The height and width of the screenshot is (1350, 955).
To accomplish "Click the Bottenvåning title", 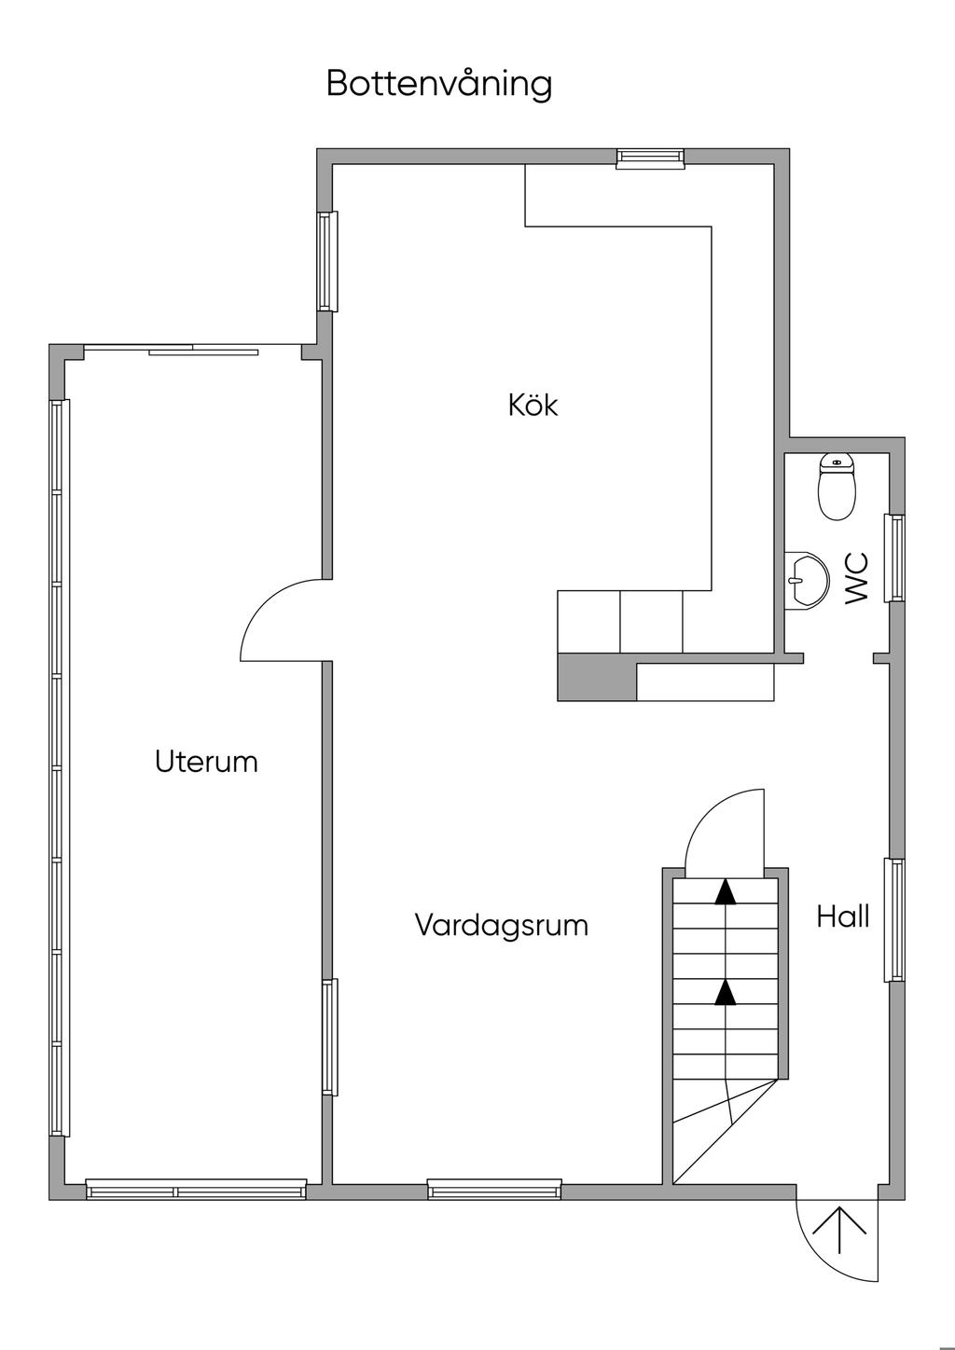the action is tap(439, 84).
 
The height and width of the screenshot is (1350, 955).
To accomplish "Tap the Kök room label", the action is tap(533, 405).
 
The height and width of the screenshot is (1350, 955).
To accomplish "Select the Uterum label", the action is tap(206, 762).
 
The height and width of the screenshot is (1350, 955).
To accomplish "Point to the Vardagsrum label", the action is tap(502, 925).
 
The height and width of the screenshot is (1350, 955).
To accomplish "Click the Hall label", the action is tap(843, 916).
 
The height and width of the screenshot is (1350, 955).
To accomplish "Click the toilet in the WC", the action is tap(837, 487).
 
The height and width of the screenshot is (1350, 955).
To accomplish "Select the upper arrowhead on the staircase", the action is tap(726, 892).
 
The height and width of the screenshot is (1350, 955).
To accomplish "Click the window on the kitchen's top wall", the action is tap(650, 158).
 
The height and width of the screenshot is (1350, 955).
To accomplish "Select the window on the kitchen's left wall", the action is tap(327, 261).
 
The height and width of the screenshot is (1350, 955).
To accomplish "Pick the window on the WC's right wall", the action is tap(894, 558).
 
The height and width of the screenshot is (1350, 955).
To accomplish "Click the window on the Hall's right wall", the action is tap(894, 920).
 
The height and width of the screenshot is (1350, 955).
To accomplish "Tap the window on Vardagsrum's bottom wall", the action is tap(494, 1190).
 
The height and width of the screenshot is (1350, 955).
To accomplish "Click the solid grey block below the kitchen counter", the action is tap(597, 678).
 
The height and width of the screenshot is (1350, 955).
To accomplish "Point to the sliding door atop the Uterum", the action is tap(192, 349).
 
